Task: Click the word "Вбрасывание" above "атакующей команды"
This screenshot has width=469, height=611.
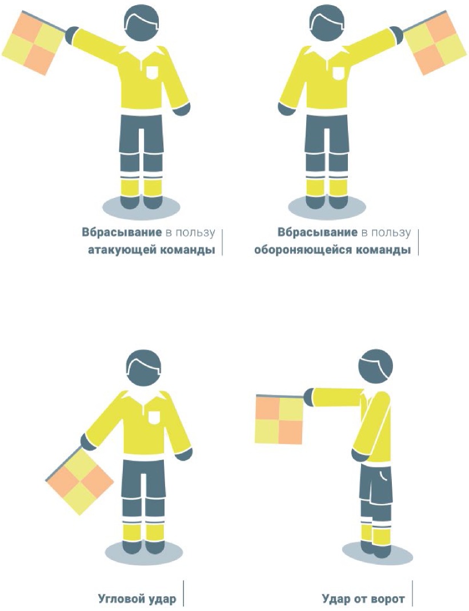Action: (122, 232)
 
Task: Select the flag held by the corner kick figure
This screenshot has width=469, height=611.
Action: (79, 481)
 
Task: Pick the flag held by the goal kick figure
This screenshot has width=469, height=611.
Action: (279, 420)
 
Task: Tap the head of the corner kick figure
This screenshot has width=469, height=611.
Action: (143, 367)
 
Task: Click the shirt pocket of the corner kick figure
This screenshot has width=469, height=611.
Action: (154, 417)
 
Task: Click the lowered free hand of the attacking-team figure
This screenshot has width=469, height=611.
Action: (182, 109)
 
